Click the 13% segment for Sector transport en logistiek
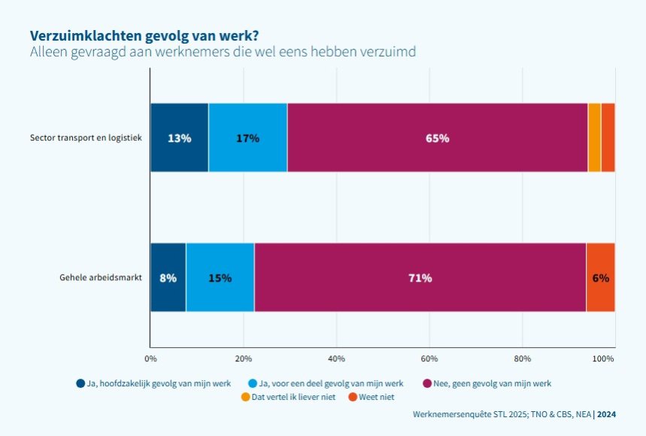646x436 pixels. (x=179, y=138)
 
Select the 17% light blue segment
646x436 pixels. (x=247, y=138)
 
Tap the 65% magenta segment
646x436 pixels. (x=437, y=138)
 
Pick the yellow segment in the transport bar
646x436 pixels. (x=594, y=138)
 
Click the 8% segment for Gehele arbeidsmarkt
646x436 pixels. (x=168, y=277)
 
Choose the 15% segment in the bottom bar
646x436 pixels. (x=220, y=277)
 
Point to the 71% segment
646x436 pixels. (x=420, y=277)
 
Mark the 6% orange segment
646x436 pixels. (x=600, y=277)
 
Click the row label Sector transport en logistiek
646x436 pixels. (x=86, y=138)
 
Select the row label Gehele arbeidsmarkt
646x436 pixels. (x=101, y=277)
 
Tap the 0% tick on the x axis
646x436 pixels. (x=150, y=358)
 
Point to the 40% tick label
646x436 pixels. (x=336, y=358)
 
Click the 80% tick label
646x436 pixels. (x=522, y=358)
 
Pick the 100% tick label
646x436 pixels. (x=604, y=358)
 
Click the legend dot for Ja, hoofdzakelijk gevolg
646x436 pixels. (x=80, y=383)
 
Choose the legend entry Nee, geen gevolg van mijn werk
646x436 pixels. (x=487, y=383)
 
